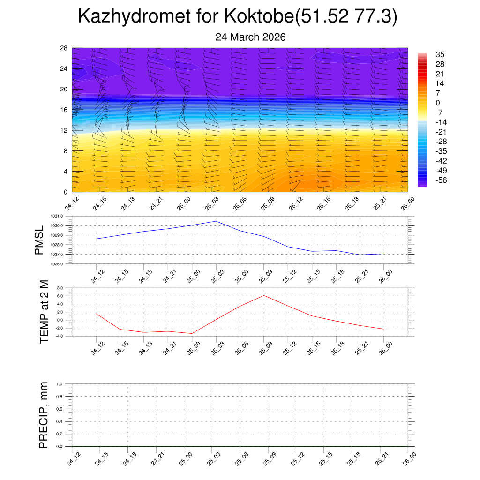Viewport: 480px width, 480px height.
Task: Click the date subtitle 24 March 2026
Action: tap(250, 37)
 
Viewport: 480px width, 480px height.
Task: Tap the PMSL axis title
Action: tap(39, 240)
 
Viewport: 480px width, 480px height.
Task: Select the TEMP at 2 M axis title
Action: tap(44, 311)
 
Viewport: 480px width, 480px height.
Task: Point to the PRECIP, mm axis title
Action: tap(44, 415)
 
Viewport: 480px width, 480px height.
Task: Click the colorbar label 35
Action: tap(440, 54)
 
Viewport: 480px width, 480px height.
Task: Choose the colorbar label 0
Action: tap(438, 103)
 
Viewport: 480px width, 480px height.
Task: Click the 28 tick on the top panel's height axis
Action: tap(64, 48)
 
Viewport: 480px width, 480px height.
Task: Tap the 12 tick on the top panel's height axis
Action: tap(64, 130)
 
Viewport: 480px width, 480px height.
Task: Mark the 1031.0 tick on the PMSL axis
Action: tap(61, 216)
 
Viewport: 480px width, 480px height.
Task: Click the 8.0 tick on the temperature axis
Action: tap(60, 288)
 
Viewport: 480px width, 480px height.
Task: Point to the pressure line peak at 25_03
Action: tap(216, 221)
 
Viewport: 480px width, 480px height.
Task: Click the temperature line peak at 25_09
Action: tap(264, 295)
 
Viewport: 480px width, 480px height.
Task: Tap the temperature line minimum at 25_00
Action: tap(192, 333)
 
